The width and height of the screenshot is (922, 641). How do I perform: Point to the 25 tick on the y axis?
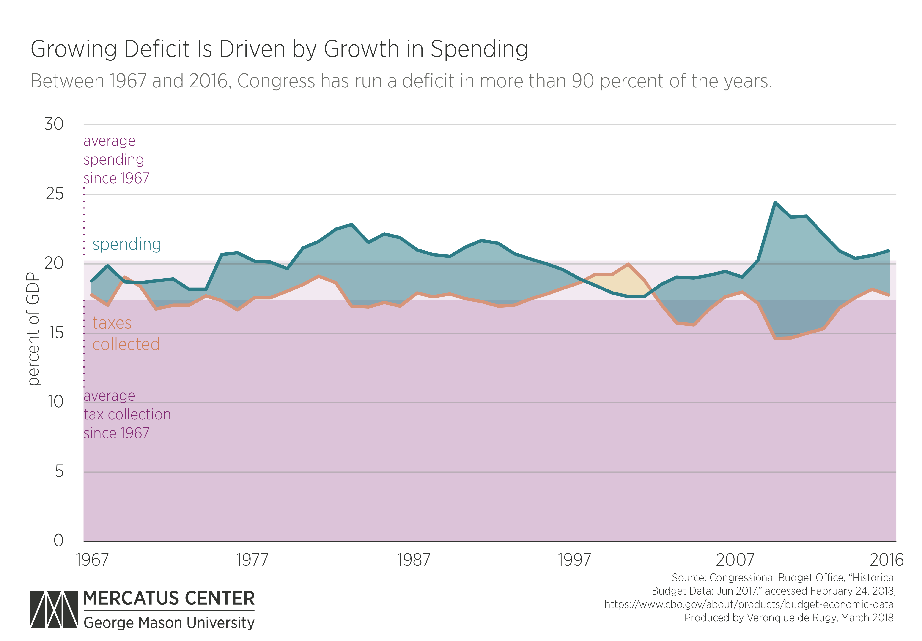point(55,194)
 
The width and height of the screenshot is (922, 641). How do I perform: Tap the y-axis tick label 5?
point(59,472)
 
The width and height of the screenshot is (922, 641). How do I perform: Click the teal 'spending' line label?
point(126,244)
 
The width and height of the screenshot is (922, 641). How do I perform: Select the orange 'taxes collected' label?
point(126,334)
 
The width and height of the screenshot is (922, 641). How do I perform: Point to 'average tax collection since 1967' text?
point(127,414)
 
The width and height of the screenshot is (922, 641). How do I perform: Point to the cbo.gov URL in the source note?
point(750,604)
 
